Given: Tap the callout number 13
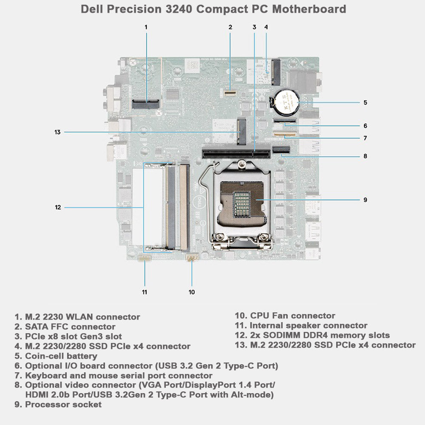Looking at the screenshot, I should [x=57, y=132].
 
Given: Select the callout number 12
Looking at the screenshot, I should [x=58, y=207].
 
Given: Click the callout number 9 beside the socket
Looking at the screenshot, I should [x=365, y=199].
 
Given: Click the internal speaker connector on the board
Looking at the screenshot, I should [x=145, y=258].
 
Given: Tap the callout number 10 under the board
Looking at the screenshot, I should [x=192, y=292].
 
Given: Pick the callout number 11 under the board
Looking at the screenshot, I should [x=144, y=292].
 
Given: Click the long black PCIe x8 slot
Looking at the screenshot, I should [x=236, y=153].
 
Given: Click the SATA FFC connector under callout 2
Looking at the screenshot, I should [x=231, y=91].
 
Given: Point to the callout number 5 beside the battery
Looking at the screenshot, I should [x=365, y=102].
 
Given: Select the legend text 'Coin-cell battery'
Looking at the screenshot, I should [x=61, y=356].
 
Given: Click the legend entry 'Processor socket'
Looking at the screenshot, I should [x=63, y=405].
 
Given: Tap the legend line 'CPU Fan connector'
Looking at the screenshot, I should [x=292, y=316].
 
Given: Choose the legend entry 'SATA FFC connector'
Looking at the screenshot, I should [x=70, y=327].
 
